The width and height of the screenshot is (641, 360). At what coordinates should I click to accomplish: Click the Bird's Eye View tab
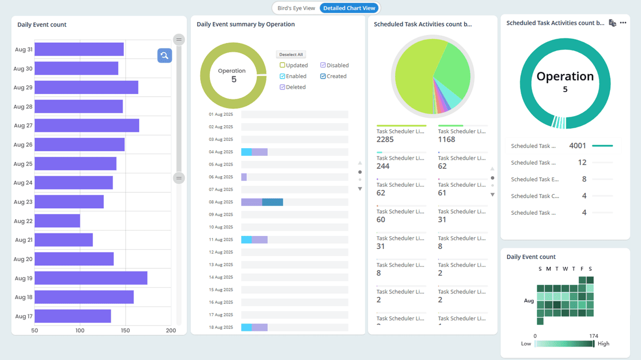click(x=296, y=8)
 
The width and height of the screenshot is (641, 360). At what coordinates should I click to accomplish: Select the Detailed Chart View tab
click(x=349, y=8)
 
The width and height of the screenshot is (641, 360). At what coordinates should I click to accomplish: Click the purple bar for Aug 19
click(x=91, y=278)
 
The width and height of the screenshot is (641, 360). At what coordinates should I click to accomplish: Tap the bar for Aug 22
click(x=57, y=221)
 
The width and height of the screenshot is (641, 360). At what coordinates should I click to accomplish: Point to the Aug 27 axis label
click(x=23, y=126)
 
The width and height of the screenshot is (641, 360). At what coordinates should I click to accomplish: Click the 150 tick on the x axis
click(x=125, y=330)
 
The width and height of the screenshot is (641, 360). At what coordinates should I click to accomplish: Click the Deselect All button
click(x=291, y=55)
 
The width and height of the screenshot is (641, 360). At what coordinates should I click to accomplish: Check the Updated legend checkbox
click(x=282, y=65)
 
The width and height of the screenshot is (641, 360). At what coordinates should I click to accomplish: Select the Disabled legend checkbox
click(x=323, y=65)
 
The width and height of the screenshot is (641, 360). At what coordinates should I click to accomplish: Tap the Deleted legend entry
click(x=295, y=87)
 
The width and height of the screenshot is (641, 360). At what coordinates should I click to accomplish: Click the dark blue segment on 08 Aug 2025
click(x=272, y=202)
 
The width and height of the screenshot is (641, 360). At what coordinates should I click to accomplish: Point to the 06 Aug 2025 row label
click(x=221, y=177)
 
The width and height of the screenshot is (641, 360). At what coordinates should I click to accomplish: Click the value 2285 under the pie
click(x=385, y=139)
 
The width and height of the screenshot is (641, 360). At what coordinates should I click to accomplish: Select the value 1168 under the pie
click(x=447, y=139)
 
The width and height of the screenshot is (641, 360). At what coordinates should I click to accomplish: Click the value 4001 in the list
click(x=577, y=146)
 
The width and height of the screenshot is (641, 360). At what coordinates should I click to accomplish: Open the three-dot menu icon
click(x=623, y=23)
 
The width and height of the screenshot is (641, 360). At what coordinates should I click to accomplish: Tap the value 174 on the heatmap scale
click(x=594, y=336)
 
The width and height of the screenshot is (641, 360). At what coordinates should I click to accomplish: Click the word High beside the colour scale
click(x=603, y=344)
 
